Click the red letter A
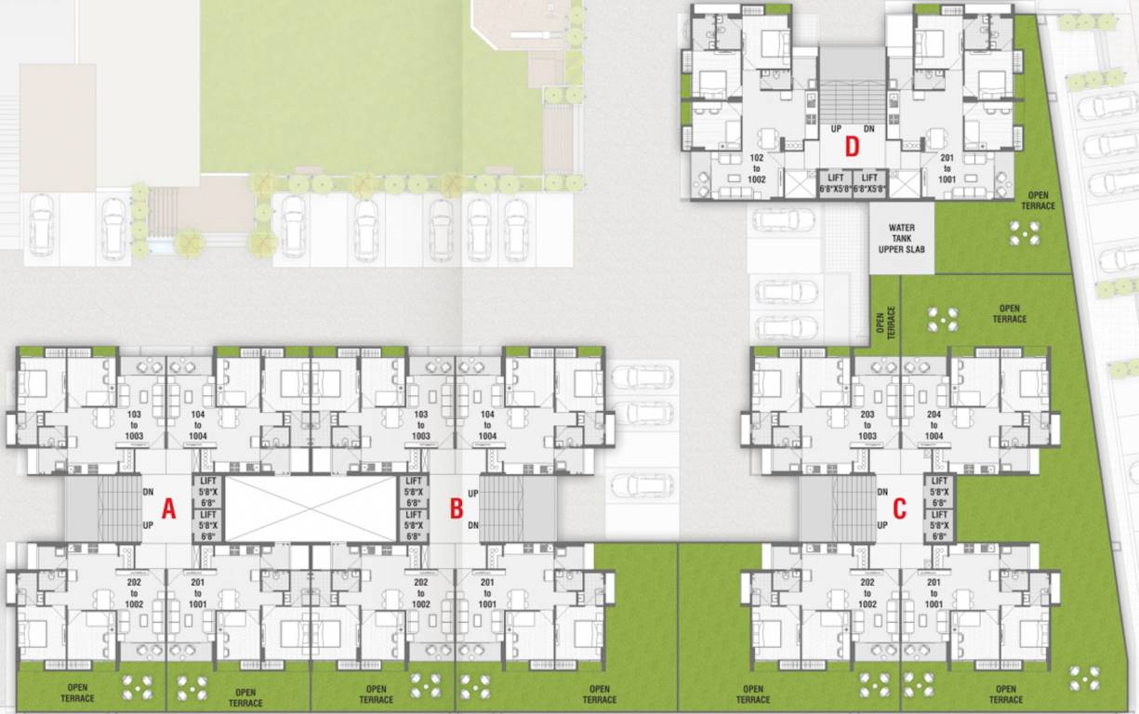pos(168,509)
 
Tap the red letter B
pos(456,509)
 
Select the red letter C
pos(899,509)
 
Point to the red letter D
pos(851,146)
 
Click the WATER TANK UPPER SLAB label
pos(901,238)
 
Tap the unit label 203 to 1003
pos(867,424)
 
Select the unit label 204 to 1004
pos(934,424)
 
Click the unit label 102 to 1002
pos(755,168)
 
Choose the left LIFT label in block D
pos(829,181)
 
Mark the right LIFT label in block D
pos(870,181)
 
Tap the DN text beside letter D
pos(869,128)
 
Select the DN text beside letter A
pos(149,491)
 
